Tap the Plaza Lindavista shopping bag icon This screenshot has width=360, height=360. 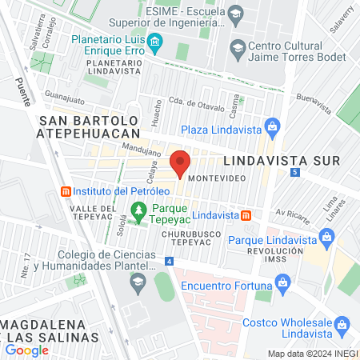pyautogui.click(x=272, y=127)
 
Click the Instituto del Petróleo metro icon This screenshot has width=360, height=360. pyautogui.click(x=66, y=192)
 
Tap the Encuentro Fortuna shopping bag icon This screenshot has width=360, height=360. pyautogui.click(x=282, y=282)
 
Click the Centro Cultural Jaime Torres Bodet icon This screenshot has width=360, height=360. pyautogui.click(x=237, y=48)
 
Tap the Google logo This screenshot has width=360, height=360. pyautogui.click(x=27, y=350)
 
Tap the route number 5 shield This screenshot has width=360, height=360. pyautogui.click(x=296, y=172)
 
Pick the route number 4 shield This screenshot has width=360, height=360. pyautogui.click(x=170, y=261)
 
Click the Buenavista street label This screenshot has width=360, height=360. pyautogui.click(x=313, y=100)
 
